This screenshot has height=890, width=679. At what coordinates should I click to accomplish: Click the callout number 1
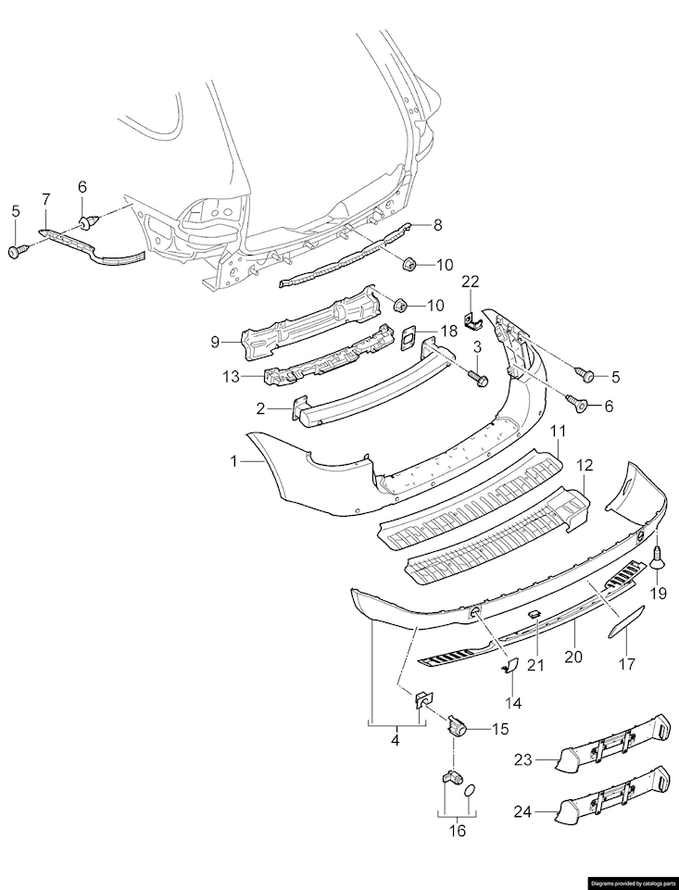233,460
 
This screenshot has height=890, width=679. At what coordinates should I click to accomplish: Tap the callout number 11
558,432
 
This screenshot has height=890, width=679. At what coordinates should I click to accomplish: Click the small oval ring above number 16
470,789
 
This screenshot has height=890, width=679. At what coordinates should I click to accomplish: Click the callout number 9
215,341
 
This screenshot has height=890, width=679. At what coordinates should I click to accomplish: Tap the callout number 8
438,224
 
